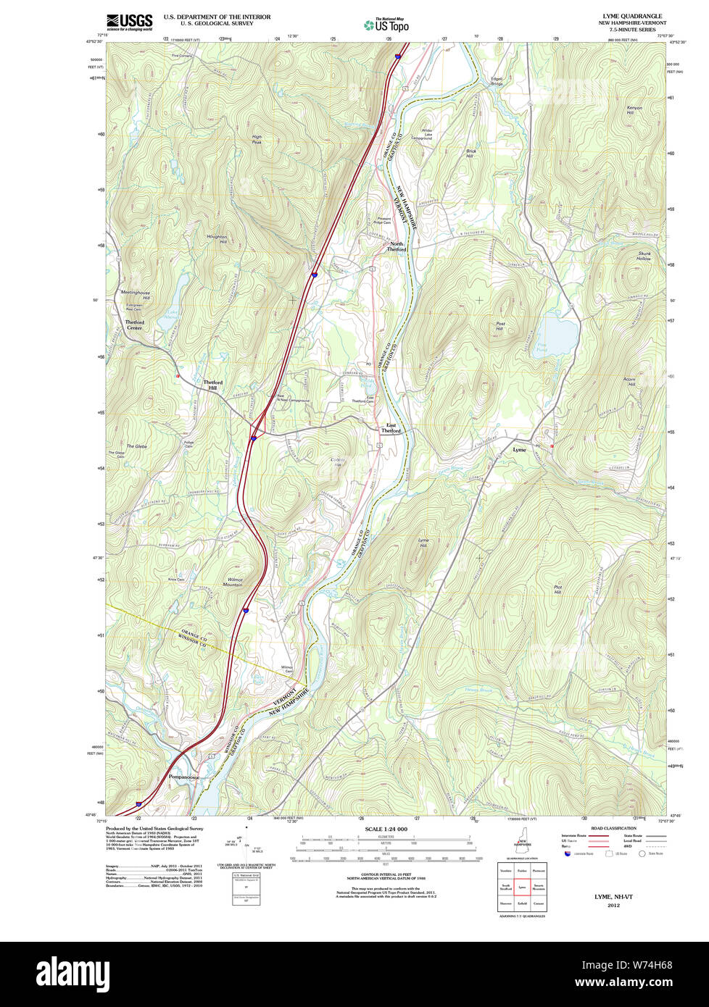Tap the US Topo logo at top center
(387, 25)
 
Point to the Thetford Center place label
(134, 325)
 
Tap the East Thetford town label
(391, 428)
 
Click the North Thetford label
(397, 246)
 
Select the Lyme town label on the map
(519, 450)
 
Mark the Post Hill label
(499, 327)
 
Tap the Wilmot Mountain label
(234, 582)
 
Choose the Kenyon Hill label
(634, 110)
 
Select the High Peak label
(257, 139)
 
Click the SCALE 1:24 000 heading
(386, 829)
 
